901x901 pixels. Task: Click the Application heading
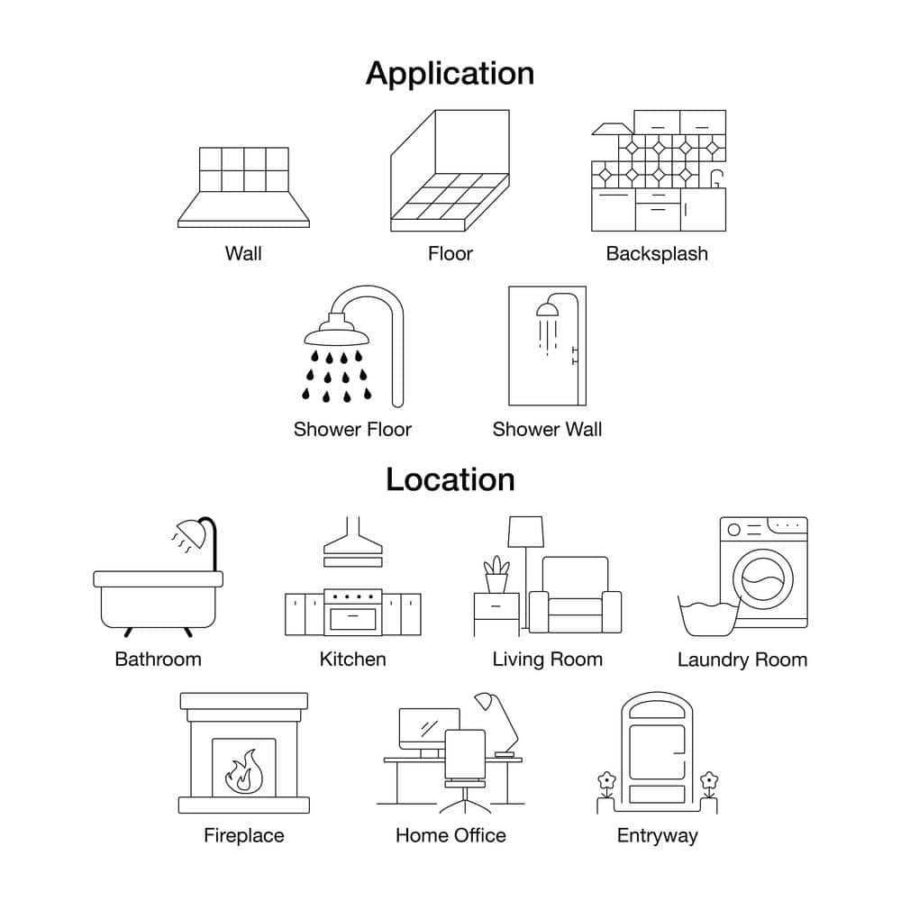450,73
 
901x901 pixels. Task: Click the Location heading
450,479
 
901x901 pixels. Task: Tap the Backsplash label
657,253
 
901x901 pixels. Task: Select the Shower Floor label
352,429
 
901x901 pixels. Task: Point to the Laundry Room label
742,660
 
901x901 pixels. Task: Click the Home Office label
450,835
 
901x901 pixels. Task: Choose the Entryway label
657,835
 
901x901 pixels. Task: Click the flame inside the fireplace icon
243,770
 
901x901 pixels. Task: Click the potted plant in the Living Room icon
496,575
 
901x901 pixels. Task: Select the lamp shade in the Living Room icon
526,531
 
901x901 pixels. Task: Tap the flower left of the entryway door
606,780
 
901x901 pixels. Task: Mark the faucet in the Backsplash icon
716,177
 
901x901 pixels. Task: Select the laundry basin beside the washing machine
708,617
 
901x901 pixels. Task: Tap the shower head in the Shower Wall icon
547,309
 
